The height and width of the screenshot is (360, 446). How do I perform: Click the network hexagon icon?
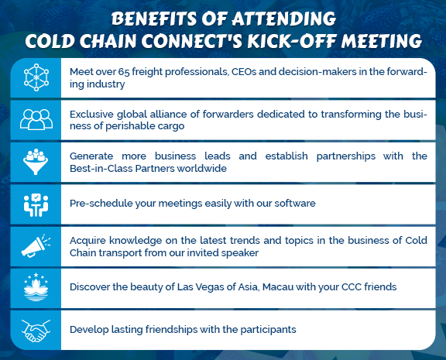pyautogui.click(x=36, y=77)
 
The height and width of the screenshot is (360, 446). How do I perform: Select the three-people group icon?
pyautogui.click(x=36, y=119)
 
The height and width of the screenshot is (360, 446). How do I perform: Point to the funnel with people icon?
pyautogui.click(x=36, y=162)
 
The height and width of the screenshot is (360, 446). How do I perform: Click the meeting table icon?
pyautogui.click(x=36, y=204)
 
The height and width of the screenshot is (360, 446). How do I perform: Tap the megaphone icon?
pyautogui.click(x=36, y=245)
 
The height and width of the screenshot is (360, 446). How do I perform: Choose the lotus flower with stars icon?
pyautogui.click(x=36, y=287)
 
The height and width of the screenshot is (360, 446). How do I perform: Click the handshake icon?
pyautogui.click(x=36, y=331)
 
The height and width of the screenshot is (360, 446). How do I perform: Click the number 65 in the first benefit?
pyautogui.click(x=124, y=72)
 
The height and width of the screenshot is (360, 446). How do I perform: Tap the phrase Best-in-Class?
pyautogui.click(x=101, y=168)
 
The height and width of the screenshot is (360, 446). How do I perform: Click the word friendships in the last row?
pyautogui.click(x=172, y=330)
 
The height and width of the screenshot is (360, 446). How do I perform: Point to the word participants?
pyautogui.click(x=268, y=330)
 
